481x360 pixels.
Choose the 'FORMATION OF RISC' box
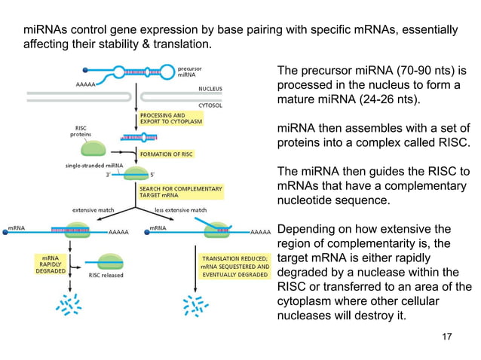[x=170, y=154]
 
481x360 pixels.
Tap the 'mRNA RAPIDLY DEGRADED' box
[x=51, y=266]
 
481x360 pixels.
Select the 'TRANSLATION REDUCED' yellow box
[x=234, y=266]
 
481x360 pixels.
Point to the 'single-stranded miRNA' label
[x=94, y=165]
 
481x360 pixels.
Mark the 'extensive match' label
[x=93, y=209]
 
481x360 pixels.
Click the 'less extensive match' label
[x=180, y=209]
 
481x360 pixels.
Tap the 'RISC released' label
[x=106, y=276]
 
